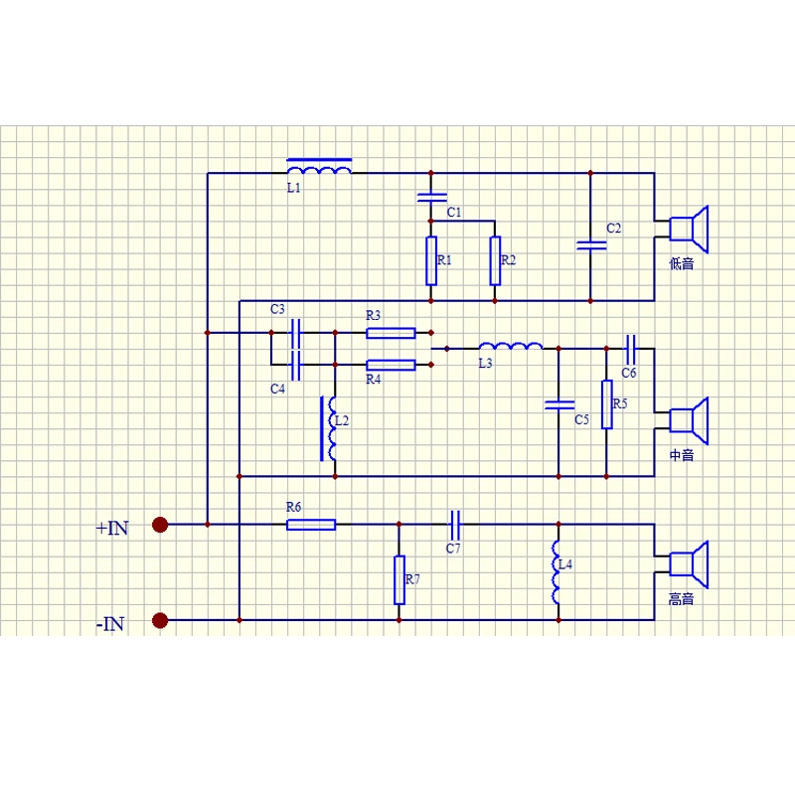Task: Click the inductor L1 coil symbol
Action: coord(319,167)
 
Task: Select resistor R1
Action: coord(431,260)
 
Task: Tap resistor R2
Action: coord(495,260)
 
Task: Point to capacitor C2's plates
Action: coord(590,245)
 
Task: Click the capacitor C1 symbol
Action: coord(431,197)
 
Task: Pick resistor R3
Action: coord(391,333)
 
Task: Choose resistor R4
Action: coord(391,365)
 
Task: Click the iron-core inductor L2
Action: coord(329,428)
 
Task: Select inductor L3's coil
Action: coord(511,346)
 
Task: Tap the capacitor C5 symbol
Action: coord(558,404)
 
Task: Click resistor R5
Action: coord(606,404)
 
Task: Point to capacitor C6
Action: coord(630,349)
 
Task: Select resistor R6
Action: coord(311,525)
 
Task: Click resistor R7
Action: coord(399,580)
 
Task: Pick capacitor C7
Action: coord(455,525)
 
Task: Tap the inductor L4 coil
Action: coord(556,572)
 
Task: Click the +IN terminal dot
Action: coord(160,525)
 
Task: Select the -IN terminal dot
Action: coord(160,620)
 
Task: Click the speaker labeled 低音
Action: coord(689,230)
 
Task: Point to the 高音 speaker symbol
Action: coord(689,564)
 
